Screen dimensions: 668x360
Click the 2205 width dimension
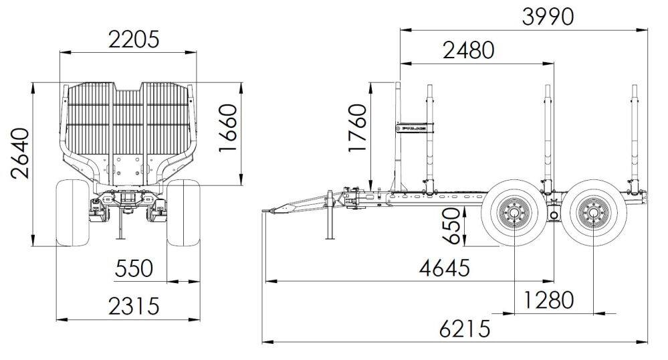134,39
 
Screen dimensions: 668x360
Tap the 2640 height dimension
20,153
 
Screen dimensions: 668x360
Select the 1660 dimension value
228,128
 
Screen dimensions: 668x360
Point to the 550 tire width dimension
134,268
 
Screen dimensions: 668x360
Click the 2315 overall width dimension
134,306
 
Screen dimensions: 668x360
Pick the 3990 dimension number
548,17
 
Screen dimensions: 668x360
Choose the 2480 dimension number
469,50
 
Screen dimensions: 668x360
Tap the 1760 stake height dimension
357,128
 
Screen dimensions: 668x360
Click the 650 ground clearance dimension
451,226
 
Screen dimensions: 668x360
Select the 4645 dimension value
445,268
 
